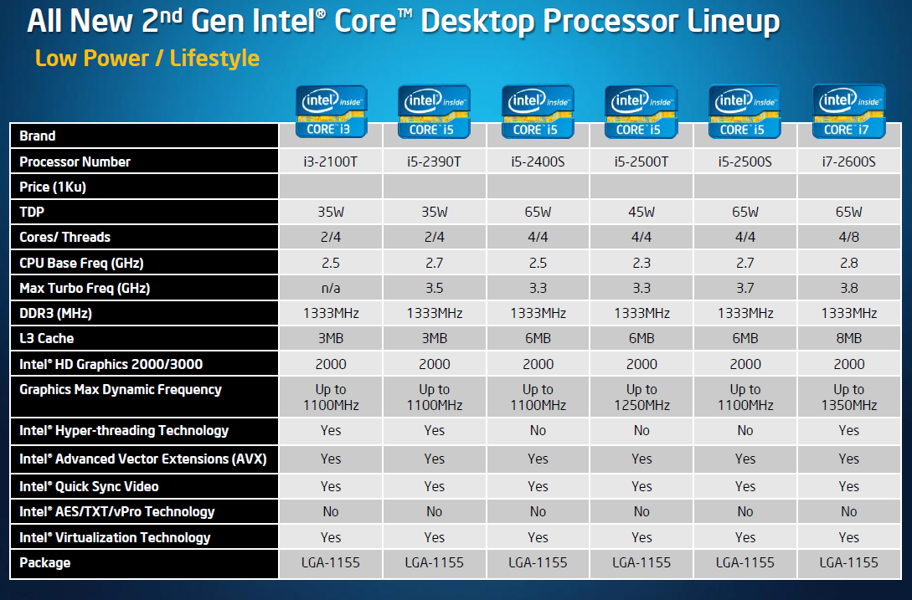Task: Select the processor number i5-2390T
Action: [434, 162]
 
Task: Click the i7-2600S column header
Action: [848, 162]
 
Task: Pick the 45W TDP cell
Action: [641, 212]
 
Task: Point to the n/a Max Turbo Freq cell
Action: [331, 288]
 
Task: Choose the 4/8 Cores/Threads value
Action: [848, 237]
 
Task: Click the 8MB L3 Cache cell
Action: [848, 338]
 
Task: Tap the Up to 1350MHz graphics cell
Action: [848, 397]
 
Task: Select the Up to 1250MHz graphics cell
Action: [641, 397]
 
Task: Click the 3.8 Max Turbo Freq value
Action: [848, 288]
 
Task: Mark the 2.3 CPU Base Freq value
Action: [641, 263]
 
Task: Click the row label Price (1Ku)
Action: [53, 187]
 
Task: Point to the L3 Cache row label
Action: [47, 338]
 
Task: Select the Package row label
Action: [45, 562]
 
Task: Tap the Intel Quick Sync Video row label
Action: [89, 486]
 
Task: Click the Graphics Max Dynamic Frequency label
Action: [121, 389]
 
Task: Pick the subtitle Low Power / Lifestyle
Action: [147, 59]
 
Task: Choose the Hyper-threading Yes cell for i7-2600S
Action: [848, 430]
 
